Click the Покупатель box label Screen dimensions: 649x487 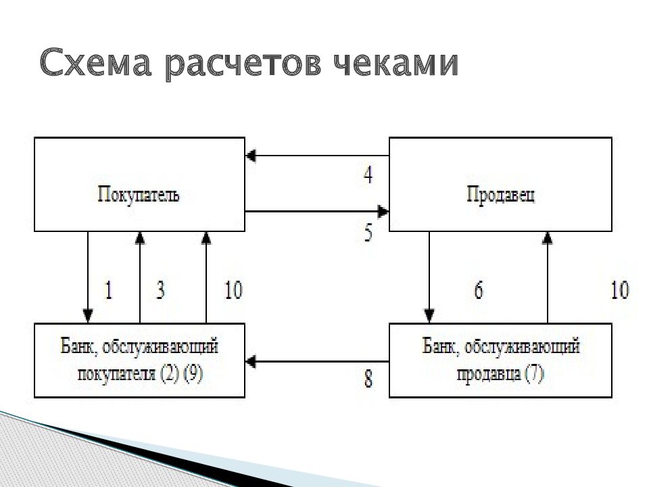click(x=139, y=194)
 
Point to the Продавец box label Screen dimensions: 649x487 click(x=500, y=194)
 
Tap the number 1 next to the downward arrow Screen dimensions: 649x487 click(x=108, y=290)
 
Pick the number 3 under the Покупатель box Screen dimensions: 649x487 click(x=161, y=290)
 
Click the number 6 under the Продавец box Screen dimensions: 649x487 click(x=479, y=290)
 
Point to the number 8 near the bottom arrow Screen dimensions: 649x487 click(x=368, y=379)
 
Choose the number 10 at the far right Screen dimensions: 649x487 click(x=620, y=290)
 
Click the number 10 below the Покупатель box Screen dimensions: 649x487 click(x=233, y=290)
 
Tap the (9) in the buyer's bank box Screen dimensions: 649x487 click(x=193, y=373)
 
